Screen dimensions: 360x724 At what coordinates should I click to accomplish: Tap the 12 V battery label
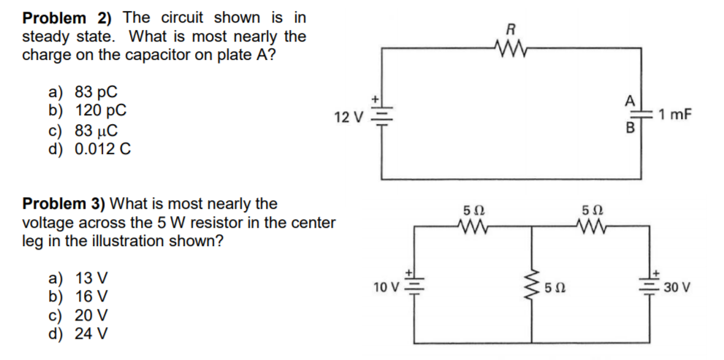(348, 118)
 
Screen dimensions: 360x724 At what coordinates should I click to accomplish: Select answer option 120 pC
(87, 112)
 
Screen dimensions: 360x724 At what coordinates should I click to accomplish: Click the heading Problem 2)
(70, 17)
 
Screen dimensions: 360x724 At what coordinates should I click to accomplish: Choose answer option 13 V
(78, 278)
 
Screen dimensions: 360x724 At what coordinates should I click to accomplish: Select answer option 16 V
(78, 297)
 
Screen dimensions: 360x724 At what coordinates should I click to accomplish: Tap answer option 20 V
(78, 315)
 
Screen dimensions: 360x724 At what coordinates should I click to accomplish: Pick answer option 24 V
(78, 334)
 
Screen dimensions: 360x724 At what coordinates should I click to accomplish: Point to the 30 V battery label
(678, 287)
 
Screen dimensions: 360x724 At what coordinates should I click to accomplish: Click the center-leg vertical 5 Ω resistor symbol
(533, 286)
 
